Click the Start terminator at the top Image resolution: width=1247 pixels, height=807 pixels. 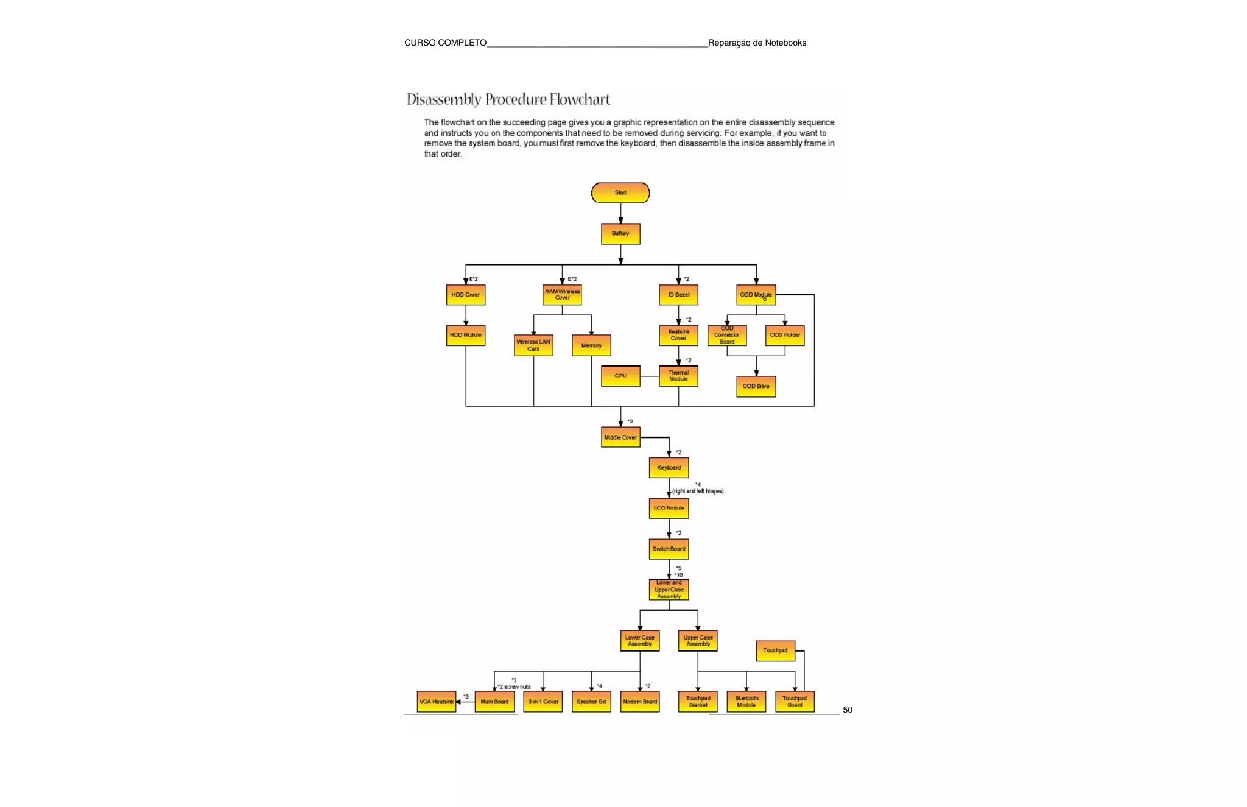click(x=620, y=193)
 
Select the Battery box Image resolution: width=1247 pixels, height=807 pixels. click(x=620, y=234)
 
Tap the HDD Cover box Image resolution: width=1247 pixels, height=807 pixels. click(x=465, y=295)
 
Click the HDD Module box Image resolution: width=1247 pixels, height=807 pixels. click(x=465, y=336)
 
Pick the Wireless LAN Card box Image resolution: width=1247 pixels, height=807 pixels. click(x=533, y=345)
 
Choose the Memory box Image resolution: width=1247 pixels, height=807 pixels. click(x=591, y=345)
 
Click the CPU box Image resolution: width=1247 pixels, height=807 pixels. click(x=620, y=376)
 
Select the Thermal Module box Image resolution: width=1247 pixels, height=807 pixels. click(x=678, y=376)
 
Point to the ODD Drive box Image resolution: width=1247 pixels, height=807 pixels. click(x=756, y=386)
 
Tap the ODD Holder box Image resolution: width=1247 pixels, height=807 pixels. click(x=784, y=336)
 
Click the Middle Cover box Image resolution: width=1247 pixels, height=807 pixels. click(x=620, y=437)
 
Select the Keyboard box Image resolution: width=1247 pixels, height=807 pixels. click(x=669, y=468)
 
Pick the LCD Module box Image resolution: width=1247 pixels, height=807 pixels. click(x=669, y=508)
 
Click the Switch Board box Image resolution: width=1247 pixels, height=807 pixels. click(x=669, y=549)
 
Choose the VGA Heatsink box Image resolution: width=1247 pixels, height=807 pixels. click(x=437, y=702)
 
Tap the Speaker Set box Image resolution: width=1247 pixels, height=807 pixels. click(x=591, y=702)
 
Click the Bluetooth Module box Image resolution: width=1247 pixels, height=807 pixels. click(x=746, y=702)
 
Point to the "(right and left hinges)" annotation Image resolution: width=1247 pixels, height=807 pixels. click(x=698, y=491)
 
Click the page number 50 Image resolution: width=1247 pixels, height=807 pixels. click(x=847, y=710)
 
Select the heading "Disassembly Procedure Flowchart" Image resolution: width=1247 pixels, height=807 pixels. click(x=508, y=99)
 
